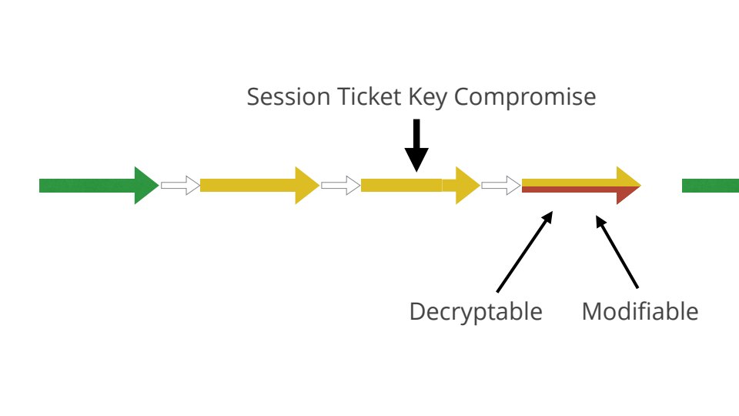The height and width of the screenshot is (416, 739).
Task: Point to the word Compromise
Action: [x=525, y=98]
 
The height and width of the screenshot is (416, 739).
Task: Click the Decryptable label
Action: [x=476, y=312]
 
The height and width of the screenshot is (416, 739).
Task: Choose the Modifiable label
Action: [x=640, y=312]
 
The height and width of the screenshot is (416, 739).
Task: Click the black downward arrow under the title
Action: [x=416, y=146]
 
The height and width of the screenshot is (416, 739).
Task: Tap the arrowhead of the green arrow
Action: [x=145, y=185]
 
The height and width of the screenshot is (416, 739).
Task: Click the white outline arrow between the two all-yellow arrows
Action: [x=340, y=185]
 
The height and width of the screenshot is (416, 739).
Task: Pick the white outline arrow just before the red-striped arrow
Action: [x=500, y=185]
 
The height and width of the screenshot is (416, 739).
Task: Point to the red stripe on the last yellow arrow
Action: [x=570, y=190]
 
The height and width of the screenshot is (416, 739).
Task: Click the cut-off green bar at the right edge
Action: [x=711, y=185]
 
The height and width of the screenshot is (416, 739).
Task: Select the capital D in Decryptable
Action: [x=416, y=312]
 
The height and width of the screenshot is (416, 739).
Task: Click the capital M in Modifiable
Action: [x=591, y=312]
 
